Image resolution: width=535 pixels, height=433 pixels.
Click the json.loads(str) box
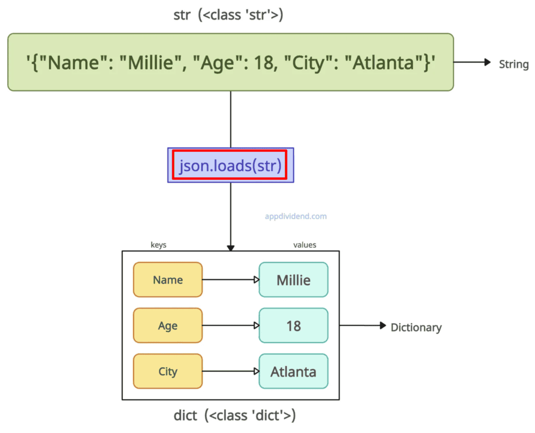pyautogui.click(x=230, y=165)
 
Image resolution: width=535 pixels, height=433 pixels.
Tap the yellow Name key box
pyautogui.click(x=168, y=280)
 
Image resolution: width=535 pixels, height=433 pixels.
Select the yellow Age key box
pyautogui.click(x=168, y=326)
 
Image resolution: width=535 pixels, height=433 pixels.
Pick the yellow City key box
pyautogui.click(x=168, y=371)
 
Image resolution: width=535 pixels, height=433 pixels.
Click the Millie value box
pyautogui.click(x=294, y=280)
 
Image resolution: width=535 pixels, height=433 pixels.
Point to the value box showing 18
pyautogui.click(x=294, y=326)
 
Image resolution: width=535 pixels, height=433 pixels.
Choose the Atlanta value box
pyautogui.click(x=294, y=371)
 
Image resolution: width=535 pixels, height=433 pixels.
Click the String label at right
pyautogui.click(x=514, y=64)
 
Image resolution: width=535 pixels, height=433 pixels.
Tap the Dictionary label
pyautogui.click(x=416, y=327)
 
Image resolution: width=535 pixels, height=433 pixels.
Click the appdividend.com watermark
pyautogui.click(x=296, y=216)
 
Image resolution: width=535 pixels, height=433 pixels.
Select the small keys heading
pyautogui.click(x=158, y=245)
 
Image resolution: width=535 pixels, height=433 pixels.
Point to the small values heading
pyautogui.click(x=305, y=245)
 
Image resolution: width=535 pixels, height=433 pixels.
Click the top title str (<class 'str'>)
pyautogui.click(x=228, y=15)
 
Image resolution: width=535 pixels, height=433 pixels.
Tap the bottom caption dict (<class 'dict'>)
pyautogui.click(x=235, y=416)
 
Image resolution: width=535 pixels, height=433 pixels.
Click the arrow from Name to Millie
pyautogui.click(x=230, y=280)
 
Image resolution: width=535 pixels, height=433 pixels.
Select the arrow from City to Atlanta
pyautogui.click(x=230, y=372)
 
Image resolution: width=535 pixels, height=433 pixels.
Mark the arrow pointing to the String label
pyautogui.click(x=472, y=63)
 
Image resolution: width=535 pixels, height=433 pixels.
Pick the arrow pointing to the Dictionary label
pyautogui.click(x=362, y=326)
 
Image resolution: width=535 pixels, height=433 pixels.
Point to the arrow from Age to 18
pyautogui.click(x=230, y=326)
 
